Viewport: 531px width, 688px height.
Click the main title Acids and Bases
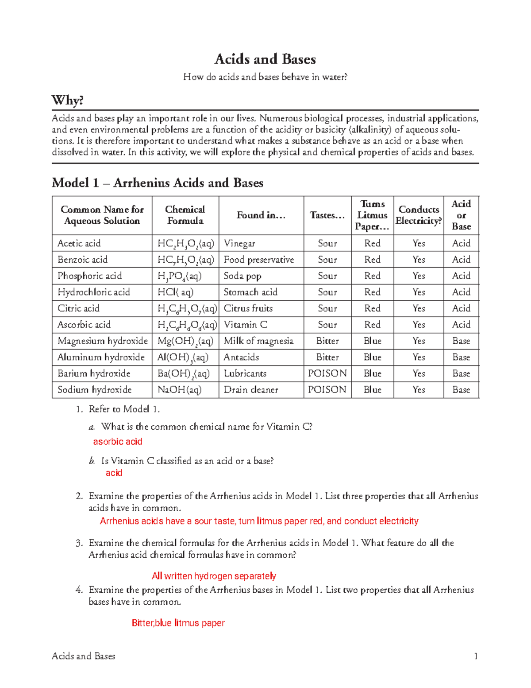(265, 59)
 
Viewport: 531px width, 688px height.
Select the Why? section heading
(67, 100)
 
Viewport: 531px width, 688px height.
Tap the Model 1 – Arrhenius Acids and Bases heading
(158, 183)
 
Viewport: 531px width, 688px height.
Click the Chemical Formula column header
(185, 215)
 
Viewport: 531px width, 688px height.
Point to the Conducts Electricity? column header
(419, 215)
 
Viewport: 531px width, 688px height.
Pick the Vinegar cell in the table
(239, 243)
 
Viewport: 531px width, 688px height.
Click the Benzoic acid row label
(82, 260)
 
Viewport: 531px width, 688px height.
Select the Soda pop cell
(242, 276)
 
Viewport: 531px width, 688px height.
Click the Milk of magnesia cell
(258, 341)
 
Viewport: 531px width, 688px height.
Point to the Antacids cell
(241, 357)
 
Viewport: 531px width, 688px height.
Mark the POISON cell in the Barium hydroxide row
(327, 373)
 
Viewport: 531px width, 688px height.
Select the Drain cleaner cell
(251, 390)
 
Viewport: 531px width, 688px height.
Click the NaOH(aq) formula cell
(180, 390)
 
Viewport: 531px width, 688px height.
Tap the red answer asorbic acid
(118, 442)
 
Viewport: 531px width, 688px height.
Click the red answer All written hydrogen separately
(214, 576)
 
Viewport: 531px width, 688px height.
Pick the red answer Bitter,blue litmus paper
(178, 623)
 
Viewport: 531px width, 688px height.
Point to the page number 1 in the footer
(476, 656)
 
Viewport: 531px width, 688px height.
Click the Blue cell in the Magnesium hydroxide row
(373, 341)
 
